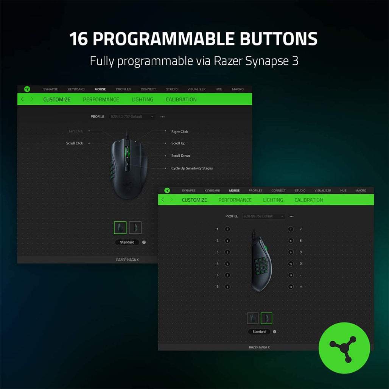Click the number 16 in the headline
[x=79, y=39]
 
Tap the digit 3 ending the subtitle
[x=295, y=61]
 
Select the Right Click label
[x=179, y=132]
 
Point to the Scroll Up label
[x=178, y=143]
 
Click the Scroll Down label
[x=180, y=156]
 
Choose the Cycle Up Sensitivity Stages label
[x=192, y=168]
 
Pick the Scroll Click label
[x=75, y=143]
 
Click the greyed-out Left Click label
[x=76, y=131]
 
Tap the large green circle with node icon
[x=344, y=348]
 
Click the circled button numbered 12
[x=291, y=287]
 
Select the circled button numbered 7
[x=291, y=229]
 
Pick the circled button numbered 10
[x=291, y=264]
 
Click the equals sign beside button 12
[x=301, y=287]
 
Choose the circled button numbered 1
[x=227, y=229]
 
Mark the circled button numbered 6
[x=227, y=287]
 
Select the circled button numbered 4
[x=227, y=264]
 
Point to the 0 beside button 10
[x=301, y=264]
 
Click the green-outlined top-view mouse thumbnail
[x=120, y=227]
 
